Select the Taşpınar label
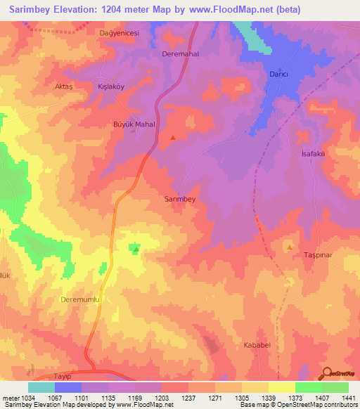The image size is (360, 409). (316, 254)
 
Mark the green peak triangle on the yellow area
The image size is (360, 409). (136, 248)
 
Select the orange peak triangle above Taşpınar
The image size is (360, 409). (289, 247)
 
